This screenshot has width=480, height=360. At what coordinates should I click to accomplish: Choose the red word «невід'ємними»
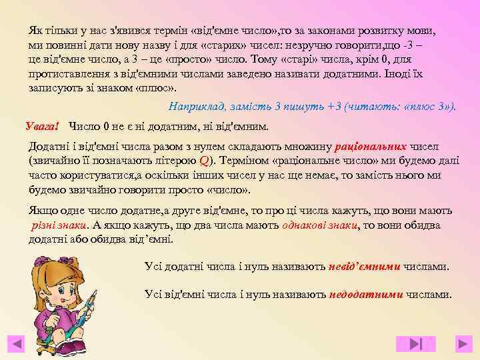(x=365, y=267)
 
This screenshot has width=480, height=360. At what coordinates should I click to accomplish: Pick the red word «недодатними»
(x=365, y=294)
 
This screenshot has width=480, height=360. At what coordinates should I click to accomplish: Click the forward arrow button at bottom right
(x=463, y=343)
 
